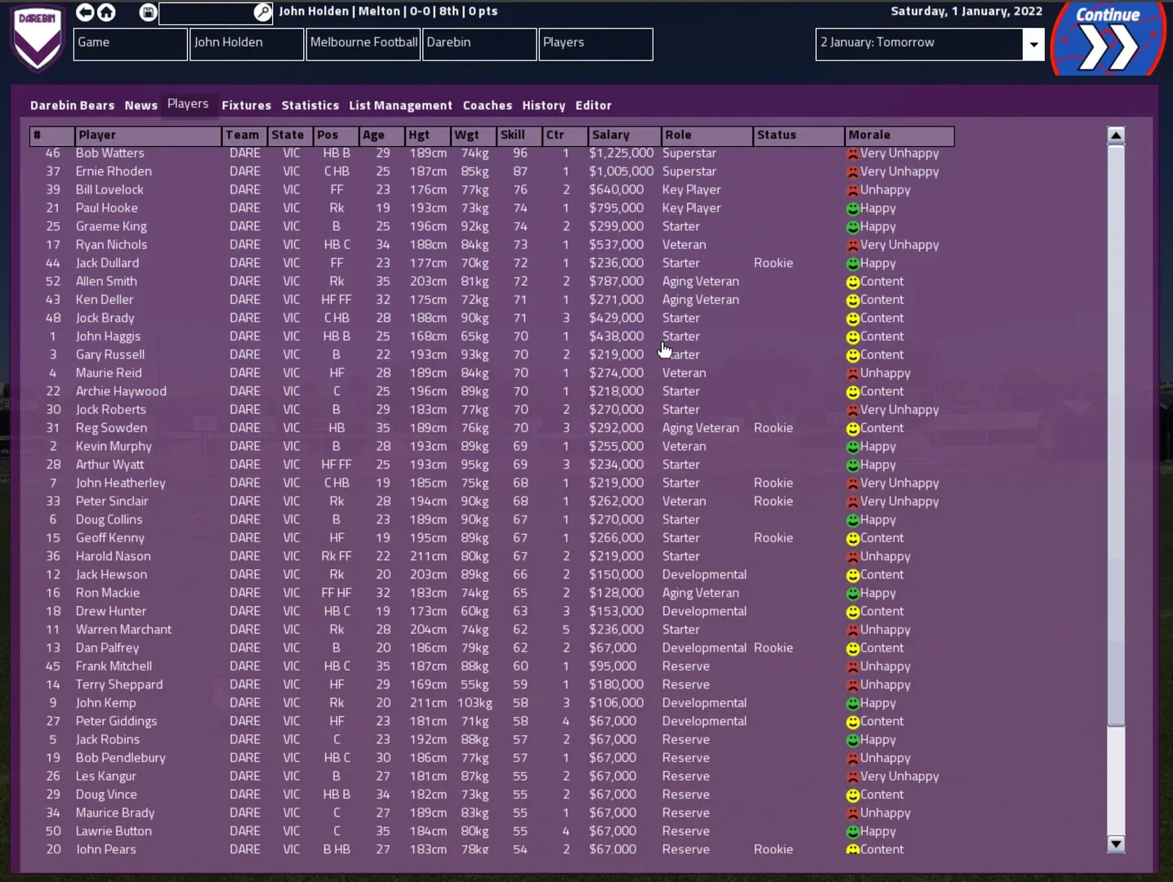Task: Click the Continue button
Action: tap(1108, 38)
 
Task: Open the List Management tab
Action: tap(400, 105)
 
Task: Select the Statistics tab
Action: tap(310, 105)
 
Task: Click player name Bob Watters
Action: tap(109, 154)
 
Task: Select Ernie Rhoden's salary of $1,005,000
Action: tap(621, 171)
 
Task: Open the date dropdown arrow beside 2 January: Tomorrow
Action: tap(1033, 44)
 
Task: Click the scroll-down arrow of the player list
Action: tap(1116, 844)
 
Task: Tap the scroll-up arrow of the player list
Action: tap(1116, 136)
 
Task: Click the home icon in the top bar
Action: tap(106, 12)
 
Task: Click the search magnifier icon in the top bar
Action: tap(262, 12)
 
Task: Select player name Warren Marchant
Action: tap(123, 630)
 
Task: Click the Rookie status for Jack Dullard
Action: tap(773, 263)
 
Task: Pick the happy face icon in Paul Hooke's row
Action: tap(853, 209)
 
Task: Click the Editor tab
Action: tap(593, 105)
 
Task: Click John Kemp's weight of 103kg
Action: tap(474, 703)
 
